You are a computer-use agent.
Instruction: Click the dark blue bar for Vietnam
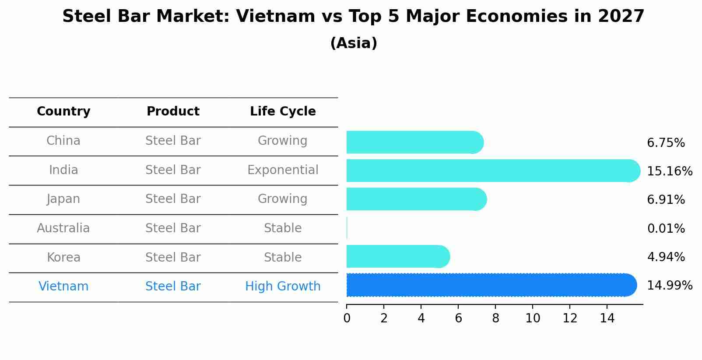(x=490, y=285)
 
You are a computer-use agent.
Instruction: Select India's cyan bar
(x=492, y=171)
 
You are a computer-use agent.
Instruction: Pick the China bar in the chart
(x=414, y=142)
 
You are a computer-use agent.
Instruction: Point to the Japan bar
(x=416, y=199)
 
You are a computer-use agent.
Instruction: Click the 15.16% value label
(x=669, y=171)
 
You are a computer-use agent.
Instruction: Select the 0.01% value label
(x=666, y=228)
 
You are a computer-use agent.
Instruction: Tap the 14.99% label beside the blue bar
(x=669, y=286)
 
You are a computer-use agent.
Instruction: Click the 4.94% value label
(x=666, y=257)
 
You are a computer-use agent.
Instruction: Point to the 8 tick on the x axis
(x=495, y=318)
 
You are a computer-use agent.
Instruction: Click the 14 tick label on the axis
(x=607, y=318)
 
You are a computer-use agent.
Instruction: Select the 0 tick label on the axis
(x=347, y=318)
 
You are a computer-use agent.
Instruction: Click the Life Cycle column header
(x=283, y=112)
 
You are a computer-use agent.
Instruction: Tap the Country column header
(x=63, y=112)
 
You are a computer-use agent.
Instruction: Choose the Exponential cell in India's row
(x=283, y=170)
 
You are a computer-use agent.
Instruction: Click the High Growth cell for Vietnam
(x=283, y=287)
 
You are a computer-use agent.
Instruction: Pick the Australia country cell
(x=63, y=228)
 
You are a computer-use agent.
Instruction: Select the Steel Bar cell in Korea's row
(x=173, y=257)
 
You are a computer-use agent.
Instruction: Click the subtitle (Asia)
(x=354, y=43)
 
